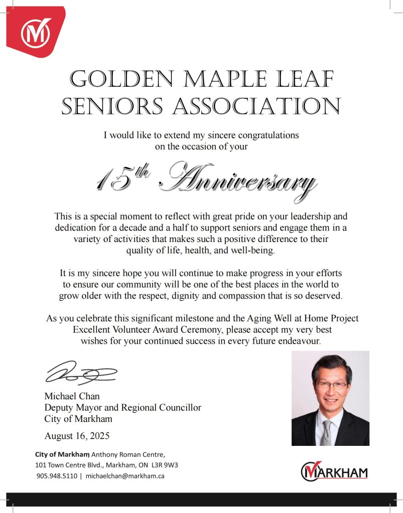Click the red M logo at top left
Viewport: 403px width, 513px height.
pyautogui.click(x=36, y=32)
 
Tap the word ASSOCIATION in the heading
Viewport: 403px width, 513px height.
pyautogui.click(x=266, y=107)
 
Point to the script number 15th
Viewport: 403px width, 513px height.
pyautogui.click(x=118, y=178)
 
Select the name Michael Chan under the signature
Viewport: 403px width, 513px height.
pyautogui.click(x=72, y=396)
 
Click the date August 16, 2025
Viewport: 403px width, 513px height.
pyautogui.click(x=77, y=435)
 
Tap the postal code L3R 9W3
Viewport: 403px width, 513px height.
pyautogui.click(x=166, y=465)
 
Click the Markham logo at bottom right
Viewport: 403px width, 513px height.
pyautogui.click(x=334, y=471)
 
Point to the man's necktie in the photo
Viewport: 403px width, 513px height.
pyautogui.click(x=327, y=432)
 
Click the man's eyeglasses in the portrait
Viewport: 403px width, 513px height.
pyautogui.click(x=332, y=386)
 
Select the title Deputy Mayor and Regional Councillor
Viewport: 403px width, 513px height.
pyautogui.click(x=122, y=407)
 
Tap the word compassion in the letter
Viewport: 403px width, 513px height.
pyautogui.click(x=249, y=296)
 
